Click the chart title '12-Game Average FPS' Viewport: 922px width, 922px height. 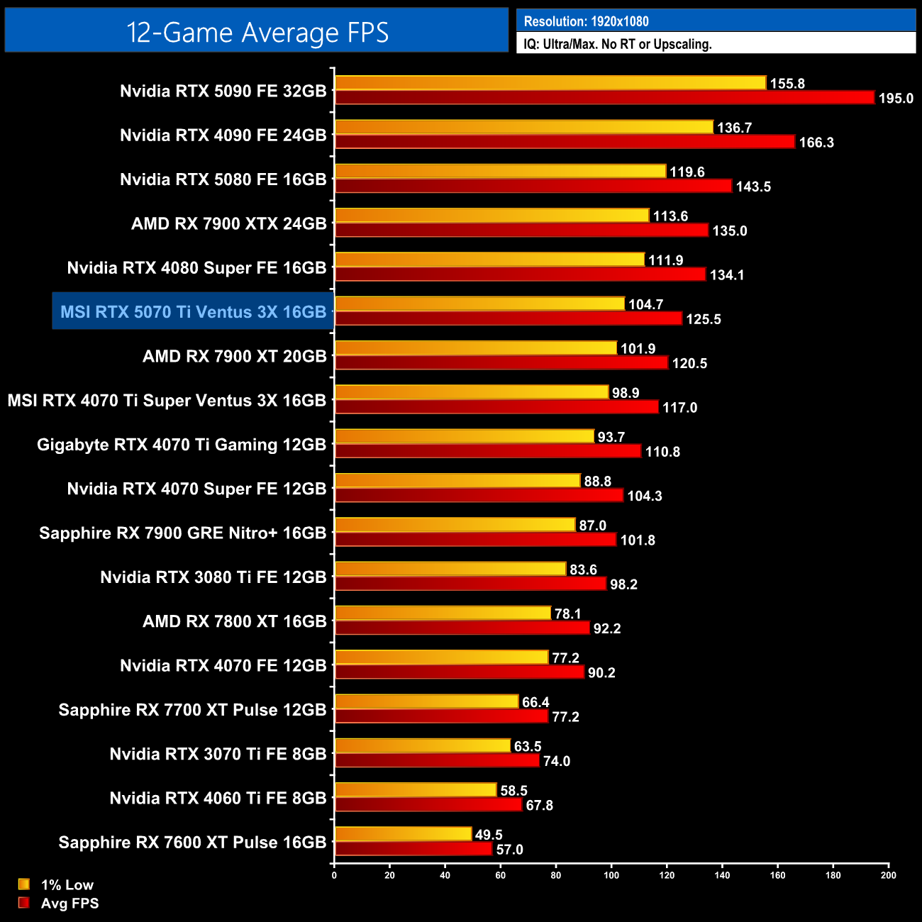[257, 33]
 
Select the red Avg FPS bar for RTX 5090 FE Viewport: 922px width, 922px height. [604, 98]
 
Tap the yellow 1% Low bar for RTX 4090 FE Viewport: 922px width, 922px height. [523, 127]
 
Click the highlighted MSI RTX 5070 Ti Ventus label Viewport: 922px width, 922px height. [193, 312]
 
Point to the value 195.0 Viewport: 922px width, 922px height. [896, 99]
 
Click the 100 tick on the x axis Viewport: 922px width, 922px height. [611, 875]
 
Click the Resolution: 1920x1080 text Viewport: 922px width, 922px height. [586, 21]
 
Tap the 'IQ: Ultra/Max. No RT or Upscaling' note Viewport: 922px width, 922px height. [617, 44]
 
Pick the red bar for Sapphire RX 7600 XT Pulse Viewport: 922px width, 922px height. [413, 849]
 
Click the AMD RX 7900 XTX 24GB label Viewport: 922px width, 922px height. [228, 224]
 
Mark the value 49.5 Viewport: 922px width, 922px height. [489, 835]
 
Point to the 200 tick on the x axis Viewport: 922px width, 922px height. [888, 875]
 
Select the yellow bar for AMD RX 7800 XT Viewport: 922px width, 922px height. [443, 613]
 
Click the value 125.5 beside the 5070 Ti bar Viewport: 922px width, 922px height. [704, 319]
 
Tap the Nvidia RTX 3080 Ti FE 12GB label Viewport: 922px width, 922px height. [213, 577]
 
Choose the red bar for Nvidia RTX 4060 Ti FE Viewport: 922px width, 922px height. [428, 805]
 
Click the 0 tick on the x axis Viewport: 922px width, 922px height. [334, 875]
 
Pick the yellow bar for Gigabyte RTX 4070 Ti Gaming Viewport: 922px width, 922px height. [465, 436]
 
